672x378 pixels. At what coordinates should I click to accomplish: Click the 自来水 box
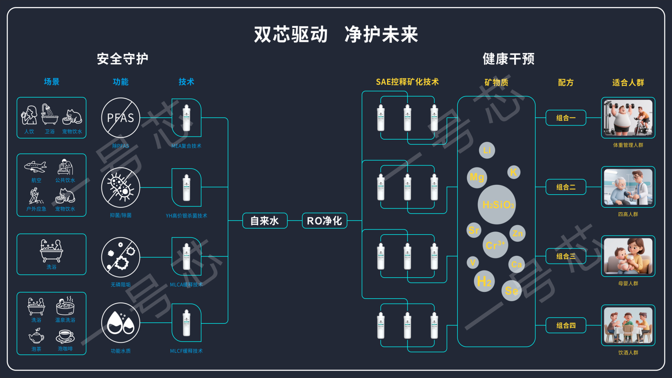265,221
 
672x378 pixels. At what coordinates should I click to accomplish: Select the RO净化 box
324,221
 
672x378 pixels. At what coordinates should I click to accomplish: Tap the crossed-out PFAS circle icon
120,118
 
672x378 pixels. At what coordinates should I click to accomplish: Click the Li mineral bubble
487,150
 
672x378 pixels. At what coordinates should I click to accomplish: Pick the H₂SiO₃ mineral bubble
497,205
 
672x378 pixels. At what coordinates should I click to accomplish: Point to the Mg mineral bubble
477,177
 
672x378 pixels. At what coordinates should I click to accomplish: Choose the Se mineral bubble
511,290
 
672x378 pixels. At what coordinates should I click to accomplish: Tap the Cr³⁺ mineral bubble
495,245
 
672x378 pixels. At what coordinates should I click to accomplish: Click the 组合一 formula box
566,118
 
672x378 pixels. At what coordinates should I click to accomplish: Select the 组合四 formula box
566,325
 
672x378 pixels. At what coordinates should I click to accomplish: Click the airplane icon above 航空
35,167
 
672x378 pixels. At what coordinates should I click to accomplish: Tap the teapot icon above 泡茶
36,336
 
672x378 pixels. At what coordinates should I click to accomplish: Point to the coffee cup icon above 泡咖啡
65,336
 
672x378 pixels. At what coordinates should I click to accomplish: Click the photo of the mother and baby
628,256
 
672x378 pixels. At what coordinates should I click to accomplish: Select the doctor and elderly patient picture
628,187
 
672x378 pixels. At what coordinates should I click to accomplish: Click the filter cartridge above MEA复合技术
187,118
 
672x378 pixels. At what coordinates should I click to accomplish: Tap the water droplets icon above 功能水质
120,323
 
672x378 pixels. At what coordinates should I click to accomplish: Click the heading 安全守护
122,59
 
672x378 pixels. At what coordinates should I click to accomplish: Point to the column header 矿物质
496,82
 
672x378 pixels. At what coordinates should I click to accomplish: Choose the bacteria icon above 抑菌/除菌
120,187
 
